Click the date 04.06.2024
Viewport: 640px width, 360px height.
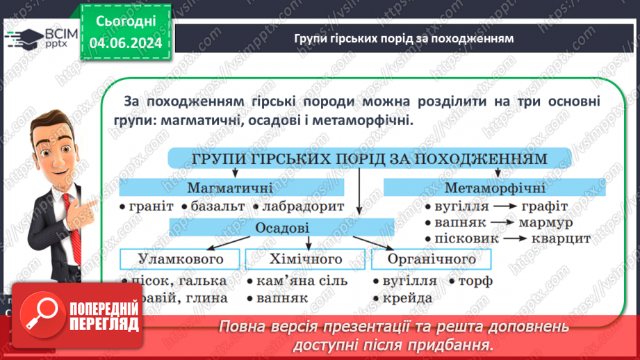point(125,44)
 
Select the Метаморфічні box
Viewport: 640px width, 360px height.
point(494,188)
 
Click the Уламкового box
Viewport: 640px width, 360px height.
point(181,259)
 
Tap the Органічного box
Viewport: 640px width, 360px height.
point(431,259)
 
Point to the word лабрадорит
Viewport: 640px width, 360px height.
point(302,207)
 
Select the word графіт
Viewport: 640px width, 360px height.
point(541,206)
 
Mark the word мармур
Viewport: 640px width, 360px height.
point(545,222)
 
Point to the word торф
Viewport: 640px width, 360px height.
point(475,281)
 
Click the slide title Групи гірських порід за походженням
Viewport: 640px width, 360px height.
point(404,38)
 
